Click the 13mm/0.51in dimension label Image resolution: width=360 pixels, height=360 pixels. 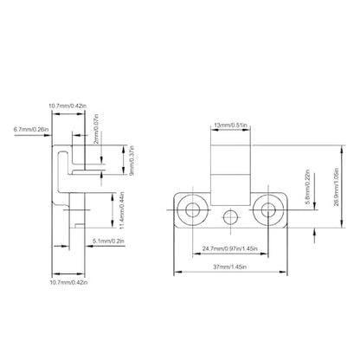230,125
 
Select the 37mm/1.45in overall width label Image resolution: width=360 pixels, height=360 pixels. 229,267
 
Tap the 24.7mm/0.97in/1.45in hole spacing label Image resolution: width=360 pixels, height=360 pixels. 230,248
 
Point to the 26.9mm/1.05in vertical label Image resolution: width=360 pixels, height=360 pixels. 337,187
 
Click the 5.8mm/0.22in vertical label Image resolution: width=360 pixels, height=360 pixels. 308,187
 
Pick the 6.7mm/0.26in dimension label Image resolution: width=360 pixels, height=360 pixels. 31,129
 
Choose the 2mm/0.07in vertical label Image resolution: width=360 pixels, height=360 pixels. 96,129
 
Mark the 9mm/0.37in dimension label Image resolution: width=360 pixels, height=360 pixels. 132,161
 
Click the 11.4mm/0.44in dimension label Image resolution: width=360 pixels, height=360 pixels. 122,210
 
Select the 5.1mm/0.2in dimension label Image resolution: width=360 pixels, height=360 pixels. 108,241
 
